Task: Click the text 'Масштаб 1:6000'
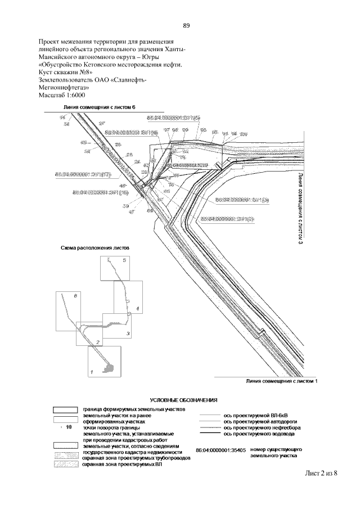click(61, 97)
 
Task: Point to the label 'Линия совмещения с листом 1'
click(282, 381)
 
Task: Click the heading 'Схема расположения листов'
click(95, 247)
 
